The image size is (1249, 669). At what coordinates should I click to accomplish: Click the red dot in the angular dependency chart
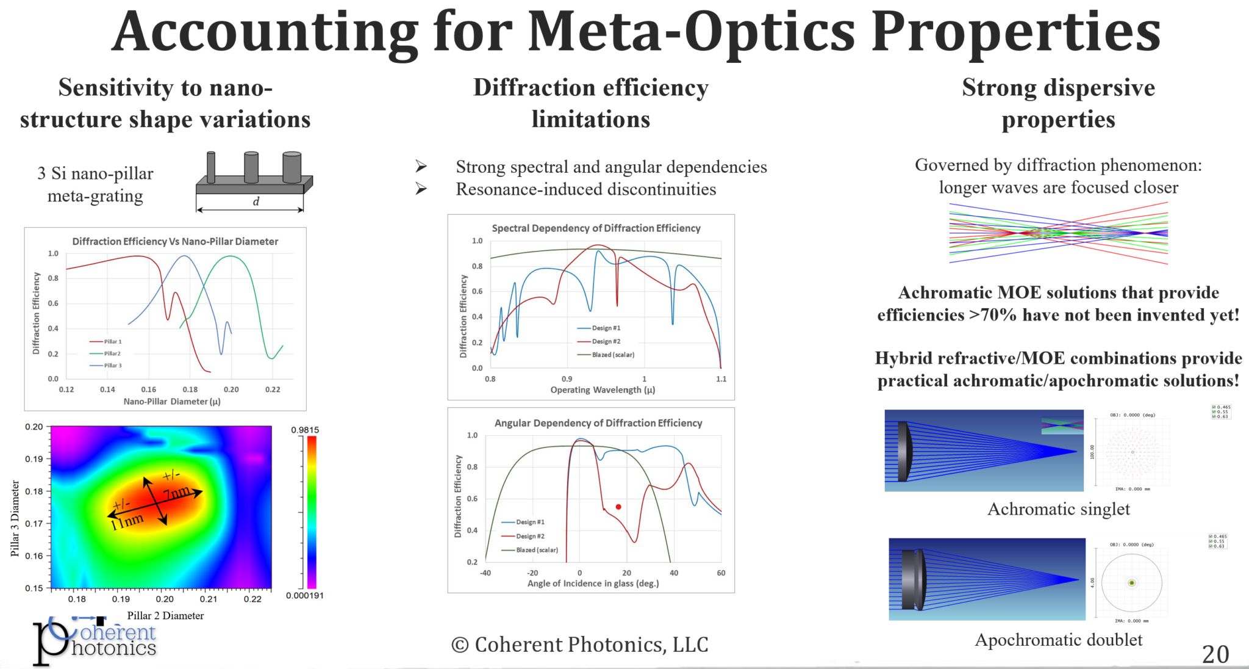click(x=618, y=507)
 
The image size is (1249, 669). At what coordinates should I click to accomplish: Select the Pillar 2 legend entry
click(x=112, y=353)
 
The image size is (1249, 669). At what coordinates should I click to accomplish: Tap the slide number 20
click(x=1215, y=654)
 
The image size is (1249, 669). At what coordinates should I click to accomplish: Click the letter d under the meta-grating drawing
click(x=256, y=201)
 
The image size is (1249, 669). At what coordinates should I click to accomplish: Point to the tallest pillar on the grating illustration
click(x=292, y=167)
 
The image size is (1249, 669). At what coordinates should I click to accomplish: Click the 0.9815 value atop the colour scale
click(x=305, y=430)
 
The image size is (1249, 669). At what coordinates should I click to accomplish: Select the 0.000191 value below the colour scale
click(x=304, y=596)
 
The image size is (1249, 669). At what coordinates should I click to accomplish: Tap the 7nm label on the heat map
click(x=177, y=492)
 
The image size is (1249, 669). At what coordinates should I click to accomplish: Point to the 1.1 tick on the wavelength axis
click(x=721, y=379)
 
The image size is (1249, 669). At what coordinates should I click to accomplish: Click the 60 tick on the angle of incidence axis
click(x=721, y=573)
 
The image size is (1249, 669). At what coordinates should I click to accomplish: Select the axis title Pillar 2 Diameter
click(x=165, y=615)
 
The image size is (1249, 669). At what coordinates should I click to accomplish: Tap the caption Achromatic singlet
click(x=1058, y=509)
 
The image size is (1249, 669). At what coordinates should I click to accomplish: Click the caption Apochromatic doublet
click(x=1058, y=640)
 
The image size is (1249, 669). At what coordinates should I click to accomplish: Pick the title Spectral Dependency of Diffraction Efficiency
click(x=596, y=228)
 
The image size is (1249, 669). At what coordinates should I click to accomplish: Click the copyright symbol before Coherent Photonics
click(x=459, y=645)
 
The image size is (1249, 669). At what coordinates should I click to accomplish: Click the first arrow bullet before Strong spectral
click(x=421, y=166)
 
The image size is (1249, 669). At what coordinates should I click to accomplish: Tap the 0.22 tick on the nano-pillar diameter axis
click(x=273, y=389)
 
